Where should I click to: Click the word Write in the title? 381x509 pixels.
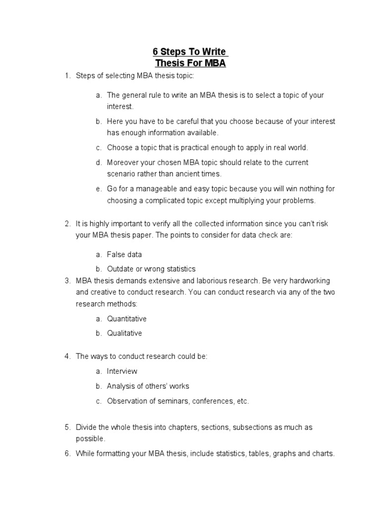tap(214, 52)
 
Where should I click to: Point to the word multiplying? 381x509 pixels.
tap(238, 201)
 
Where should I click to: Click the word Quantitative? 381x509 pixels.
tap(127, 319)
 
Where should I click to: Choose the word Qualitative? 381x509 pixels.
tap(125, 333)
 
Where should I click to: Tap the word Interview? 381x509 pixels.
tap(122, 371)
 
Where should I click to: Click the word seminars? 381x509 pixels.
tap(170, 401)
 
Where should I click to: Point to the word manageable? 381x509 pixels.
tap(150, 189)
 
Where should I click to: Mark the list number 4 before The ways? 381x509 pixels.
tap(67, 357)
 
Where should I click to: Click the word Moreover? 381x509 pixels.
tap(123, 163)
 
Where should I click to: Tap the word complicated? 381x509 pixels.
tap(162, 201)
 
